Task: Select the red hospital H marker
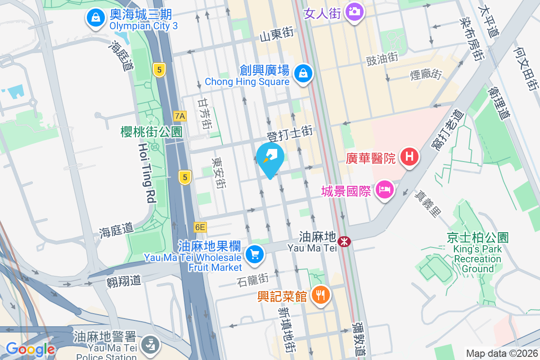(409, 157)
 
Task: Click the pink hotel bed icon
(384, 190)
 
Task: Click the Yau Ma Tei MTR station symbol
(345, 242)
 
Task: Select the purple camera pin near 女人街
(355, 11)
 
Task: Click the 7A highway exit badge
(180, 116)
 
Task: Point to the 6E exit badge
(200, 227)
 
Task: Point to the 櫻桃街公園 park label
(151, 131)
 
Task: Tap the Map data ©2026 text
(501, 353)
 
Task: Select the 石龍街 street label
(252, 279)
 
